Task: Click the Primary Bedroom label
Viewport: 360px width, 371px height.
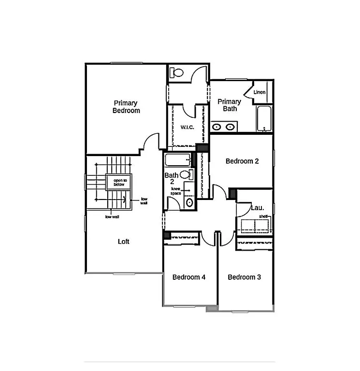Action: pos(126,107)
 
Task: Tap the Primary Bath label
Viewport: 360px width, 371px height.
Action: pos(229,105)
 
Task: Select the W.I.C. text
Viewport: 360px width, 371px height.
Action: pos(187,128)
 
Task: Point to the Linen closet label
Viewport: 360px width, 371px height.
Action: pos(259,92)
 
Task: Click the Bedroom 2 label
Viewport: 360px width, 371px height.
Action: pos(242,161)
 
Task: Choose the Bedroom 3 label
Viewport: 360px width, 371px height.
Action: pos(245,277)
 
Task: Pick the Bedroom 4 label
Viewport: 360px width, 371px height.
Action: pos(189,277)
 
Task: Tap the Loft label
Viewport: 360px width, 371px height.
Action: pos(124,242)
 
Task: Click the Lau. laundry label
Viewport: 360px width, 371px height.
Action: pos(257,208)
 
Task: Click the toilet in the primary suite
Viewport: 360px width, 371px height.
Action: pos(176,73)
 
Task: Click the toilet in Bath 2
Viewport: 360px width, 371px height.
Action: pos(189,202)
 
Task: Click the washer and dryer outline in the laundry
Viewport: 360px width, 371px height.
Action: pos(255,226)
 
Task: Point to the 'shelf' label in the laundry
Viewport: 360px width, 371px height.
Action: pos(264,216)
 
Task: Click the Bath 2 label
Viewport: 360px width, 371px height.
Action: pos(172,178)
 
